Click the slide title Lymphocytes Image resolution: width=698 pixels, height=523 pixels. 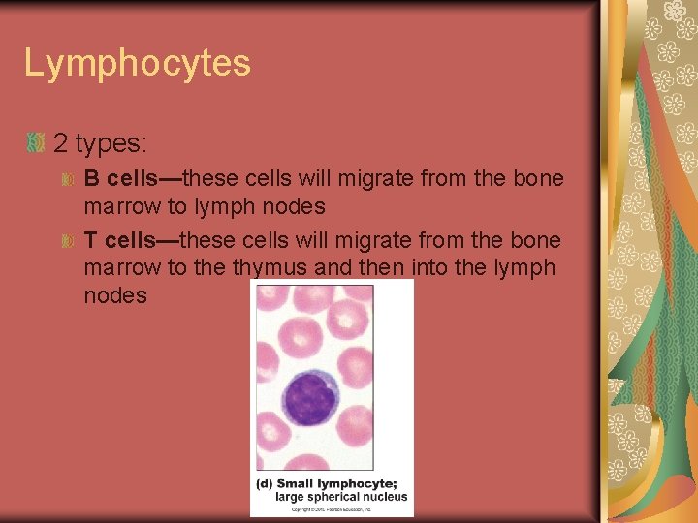click(x=137, y=64)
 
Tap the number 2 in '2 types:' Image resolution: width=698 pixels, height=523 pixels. click(x=61, y=144)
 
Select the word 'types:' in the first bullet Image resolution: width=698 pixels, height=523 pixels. click(x=111, y=145)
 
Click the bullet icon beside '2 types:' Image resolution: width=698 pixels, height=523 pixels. click(x=36, y=143)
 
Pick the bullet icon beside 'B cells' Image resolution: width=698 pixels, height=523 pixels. click(x=68, y=180)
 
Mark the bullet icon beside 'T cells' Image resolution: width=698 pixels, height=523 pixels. click(x=68, y=240)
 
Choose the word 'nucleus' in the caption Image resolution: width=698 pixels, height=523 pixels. click(x=388, y=497)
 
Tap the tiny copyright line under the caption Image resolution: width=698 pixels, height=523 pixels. click(x=331, y=509)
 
